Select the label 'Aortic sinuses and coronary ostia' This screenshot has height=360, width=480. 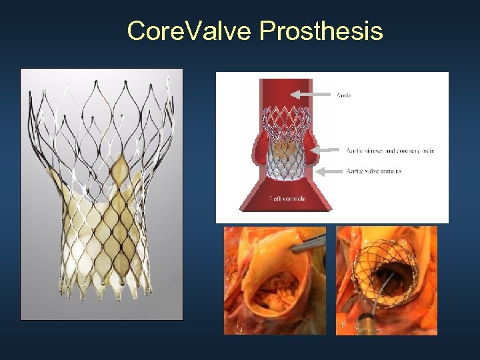pos(390,151)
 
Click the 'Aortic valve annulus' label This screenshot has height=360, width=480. pos(374,171)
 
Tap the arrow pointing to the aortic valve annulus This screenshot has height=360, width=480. pos(329,172)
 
